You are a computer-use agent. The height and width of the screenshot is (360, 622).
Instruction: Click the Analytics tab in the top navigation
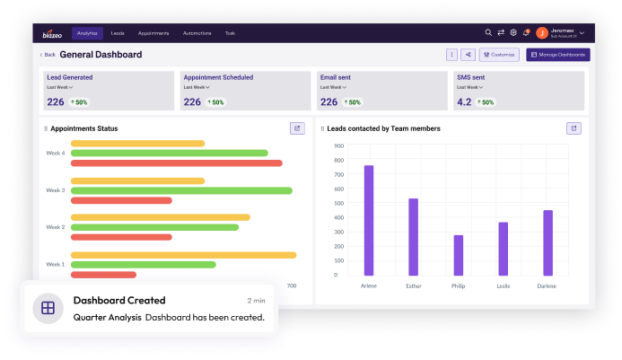click(x=87, y=33)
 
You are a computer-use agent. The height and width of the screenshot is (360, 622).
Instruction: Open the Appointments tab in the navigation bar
click(x=153, y=33)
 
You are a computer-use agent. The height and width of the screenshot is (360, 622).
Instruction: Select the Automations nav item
click(x=196, y=33)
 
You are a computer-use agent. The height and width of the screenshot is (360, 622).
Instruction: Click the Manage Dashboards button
click(x=558, y=55)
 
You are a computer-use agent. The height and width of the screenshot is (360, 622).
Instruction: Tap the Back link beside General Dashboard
click(x=48, y=55)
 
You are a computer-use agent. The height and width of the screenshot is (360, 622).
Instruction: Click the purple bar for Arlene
click(x=369, y=220)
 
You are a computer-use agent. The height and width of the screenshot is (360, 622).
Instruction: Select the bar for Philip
click(x=459, y=255)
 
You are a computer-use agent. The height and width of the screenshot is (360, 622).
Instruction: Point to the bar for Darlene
click(x=548, y=242)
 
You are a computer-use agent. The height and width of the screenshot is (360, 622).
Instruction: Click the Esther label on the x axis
click(x=413, y=285)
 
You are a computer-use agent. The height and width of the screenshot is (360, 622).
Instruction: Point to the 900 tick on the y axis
click(x=338, y=145)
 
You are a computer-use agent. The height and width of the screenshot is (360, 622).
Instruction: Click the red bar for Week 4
click(x=176, y=162)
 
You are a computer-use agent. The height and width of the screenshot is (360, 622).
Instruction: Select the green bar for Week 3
click(x=181, y=190)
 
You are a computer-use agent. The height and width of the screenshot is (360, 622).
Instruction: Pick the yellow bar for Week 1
click(x=183, y=255)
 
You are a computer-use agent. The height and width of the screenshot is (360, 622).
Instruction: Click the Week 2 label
click(x=56, y=227)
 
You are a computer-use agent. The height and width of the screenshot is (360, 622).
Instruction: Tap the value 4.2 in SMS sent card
click(x=464, y=101)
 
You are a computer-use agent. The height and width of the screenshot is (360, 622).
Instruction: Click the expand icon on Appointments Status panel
click(x=297, y=128)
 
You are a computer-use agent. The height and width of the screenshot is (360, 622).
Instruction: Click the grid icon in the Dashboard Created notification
click(x=48, y=308)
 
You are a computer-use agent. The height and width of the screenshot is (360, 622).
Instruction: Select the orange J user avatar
click(x=542, y=33)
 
